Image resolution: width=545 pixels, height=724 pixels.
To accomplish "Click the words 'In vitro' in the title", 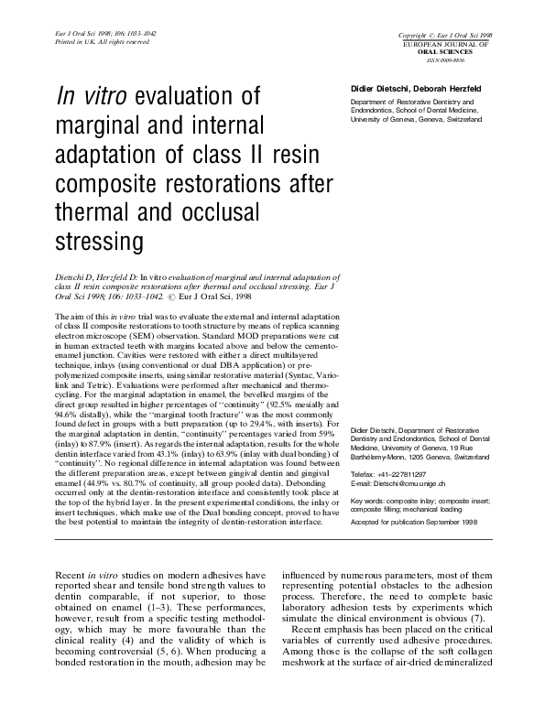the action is click(94, 97).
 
